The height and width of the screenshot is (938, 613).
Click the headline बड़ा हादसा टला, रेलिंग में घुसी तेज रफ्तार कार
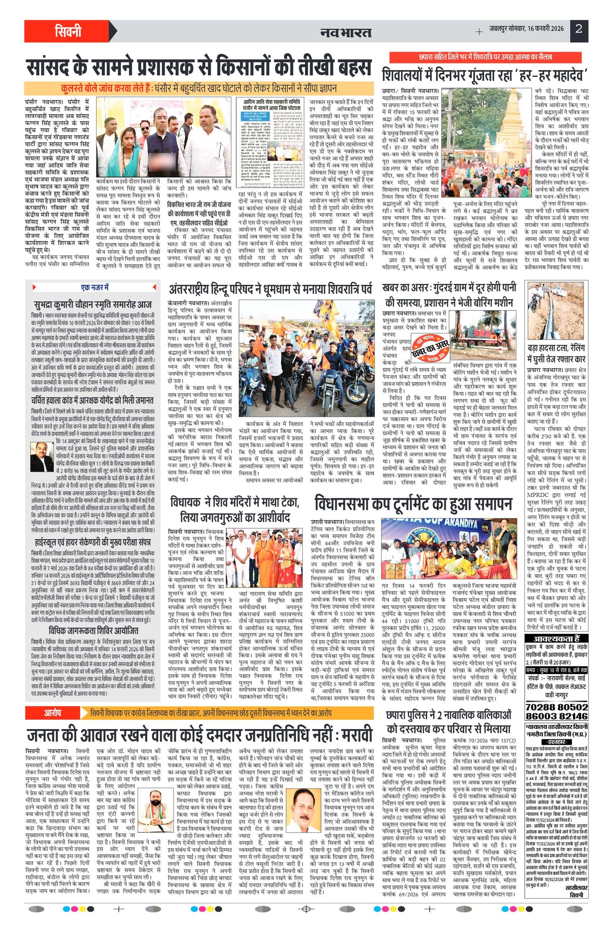click(556, 354)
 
